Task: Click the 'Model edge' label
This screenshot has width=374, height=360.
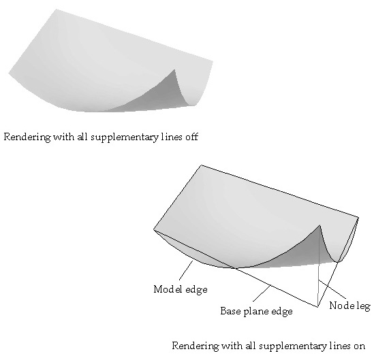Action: [x=181, y=289]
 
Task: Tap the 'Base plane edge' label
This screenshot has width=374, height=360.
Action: [x=256, y=311]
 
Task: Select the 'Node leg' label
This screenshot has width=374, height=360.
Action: [x=349, y=306]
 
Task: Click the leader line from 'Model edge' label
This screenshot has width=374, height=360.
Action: [x=186, y=270]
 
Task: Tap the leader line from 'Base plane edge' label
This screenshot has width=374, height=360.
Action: [x=262, y=293]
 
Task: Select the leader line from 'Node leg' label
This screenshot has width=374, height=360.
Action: [x=332, y=289]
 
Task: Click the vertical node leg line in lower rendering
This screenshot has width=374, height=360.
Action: [x=319, y=266]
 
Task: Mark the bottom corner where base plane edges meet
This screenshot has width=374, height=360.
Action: [x=317, y=307]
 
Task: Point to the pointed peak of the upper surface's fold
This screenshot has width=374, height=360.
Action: [x=175, y=69]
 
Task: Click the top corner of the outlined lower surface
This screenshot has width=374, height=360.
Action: [x=202, y=165]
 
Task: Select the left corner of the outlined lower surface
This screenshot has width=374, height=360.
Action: [x=154, y=229]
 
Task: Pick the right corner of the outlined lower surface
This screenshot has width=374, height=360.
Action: [x=358, y=217]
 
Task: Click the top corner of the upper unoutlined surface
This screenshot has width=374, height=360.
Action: [x=57, y=10]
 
